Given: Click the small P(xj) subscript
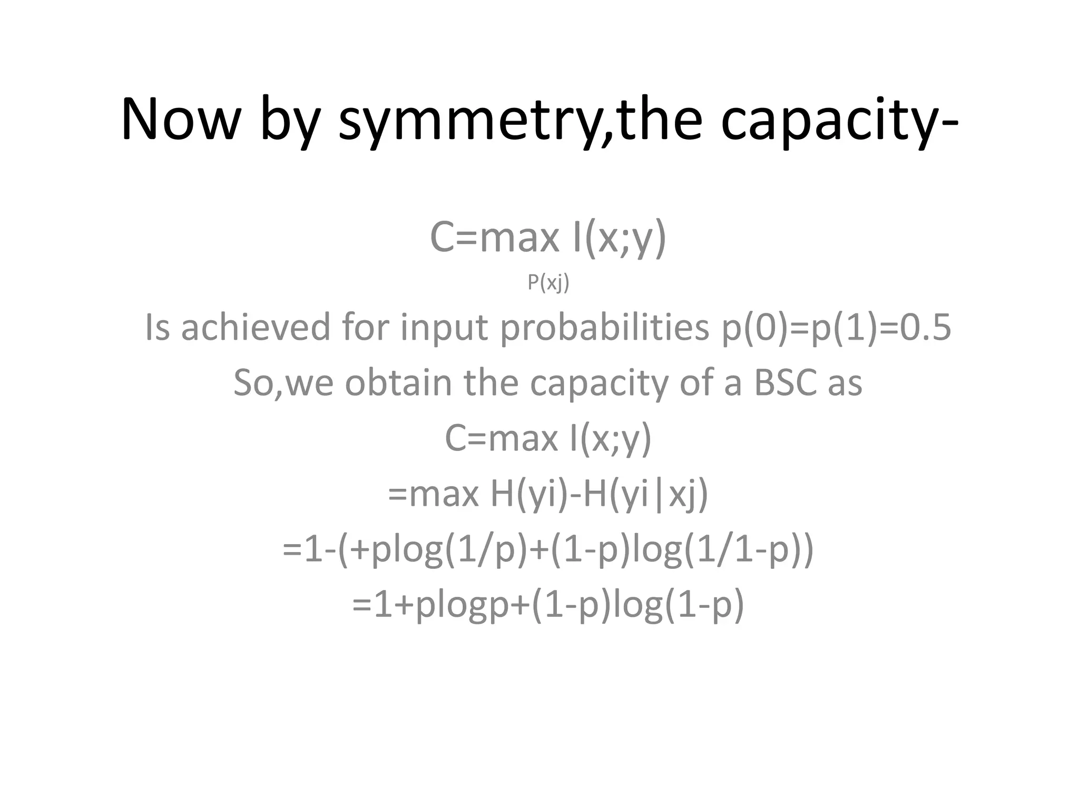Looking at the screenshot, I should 548,283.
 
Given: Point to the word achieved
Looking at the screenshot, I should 255,327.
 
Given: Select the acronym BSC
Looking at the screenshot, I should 785,383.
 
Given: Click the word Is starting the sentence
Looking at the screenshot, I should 157,327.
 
